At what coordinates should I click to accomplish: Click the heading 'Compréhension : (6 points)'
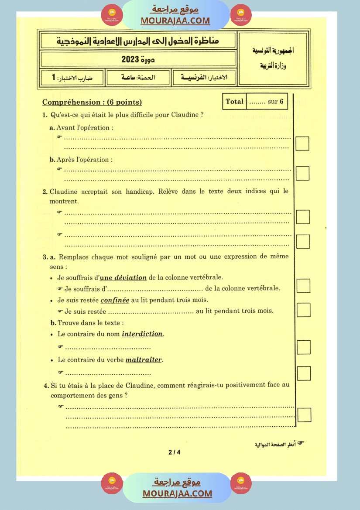[92, 102]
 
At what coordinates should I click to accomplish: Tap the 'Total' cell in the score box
[234, 102]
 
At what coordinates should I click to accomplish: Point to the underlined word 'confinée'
[115, 300]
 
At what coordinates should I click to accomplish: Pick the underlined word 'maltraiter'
[144, 360]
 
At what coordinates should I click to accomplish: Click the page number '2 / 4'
[174, 452]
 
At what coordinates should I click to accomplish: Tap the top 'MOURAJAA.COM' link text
[175, 21]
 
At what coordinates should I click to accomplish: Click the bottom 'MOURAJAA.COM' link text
[177, 493]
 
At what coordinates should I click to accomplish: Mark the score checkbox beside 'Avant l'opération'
[302, 143]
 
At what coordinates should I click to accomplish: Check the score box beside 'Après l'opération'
[302, 173]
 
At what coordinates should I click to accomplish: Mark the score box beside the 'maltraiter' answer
[303, 373]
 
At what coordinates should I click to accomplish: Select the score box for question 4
[304, 415]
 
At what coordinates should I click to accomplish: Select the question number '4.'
[46, 385]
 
